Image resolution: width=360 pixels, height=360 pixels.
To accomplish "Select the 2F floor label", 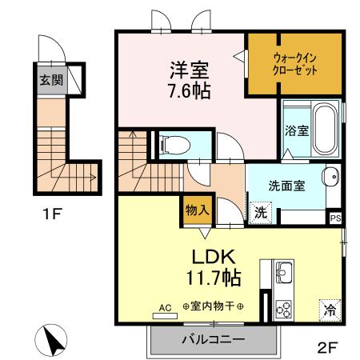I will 327,348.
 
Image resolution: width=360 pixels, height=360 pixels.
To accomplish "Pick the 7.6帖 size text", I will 189,90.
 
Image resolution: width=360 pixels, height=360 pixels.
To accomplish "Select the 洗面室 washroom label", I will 286,183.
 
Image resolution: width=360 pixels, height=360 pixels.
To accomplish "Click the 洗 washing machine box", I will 260,212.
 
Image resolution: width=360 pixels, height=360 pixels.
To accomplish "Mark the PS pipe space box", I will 334,216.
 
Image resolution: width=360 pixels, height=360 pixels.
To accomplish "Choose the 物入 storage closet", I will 198,210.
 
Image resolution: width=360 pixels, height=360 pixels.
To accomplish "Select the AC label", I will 166,306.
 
